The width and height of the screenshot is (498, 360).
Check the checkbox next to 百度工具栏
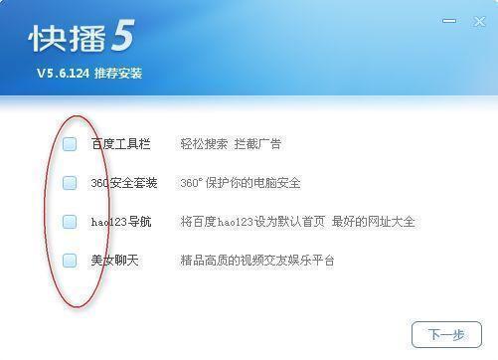[x=70, y=144]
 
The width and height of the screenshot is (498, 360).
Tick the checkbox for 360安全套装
[x=70, y=183]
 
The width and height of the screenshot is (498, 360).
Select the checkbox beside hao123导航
[x=70, y=222]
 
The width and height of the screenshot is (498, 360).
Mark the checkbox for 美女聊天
[x=70, y=261]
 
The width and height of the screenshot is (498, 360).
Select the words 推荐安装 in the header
[x=120, y=73]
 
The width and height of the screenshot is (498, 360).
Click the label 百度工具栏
[x=119, y=144]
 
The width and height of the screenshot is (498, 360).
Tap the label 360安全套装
[x=123, y=183]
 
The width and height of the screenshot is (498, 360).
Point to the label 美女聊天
[x=113, y=261]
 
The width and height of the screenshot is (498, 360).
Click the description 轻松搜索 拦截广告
[x=230, y=144]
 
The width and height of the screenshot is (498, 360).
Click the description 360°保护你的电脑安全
[x=240, y=183]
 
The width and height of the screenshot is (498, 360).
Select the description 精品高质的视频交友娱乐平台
[x=256, y=261]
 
